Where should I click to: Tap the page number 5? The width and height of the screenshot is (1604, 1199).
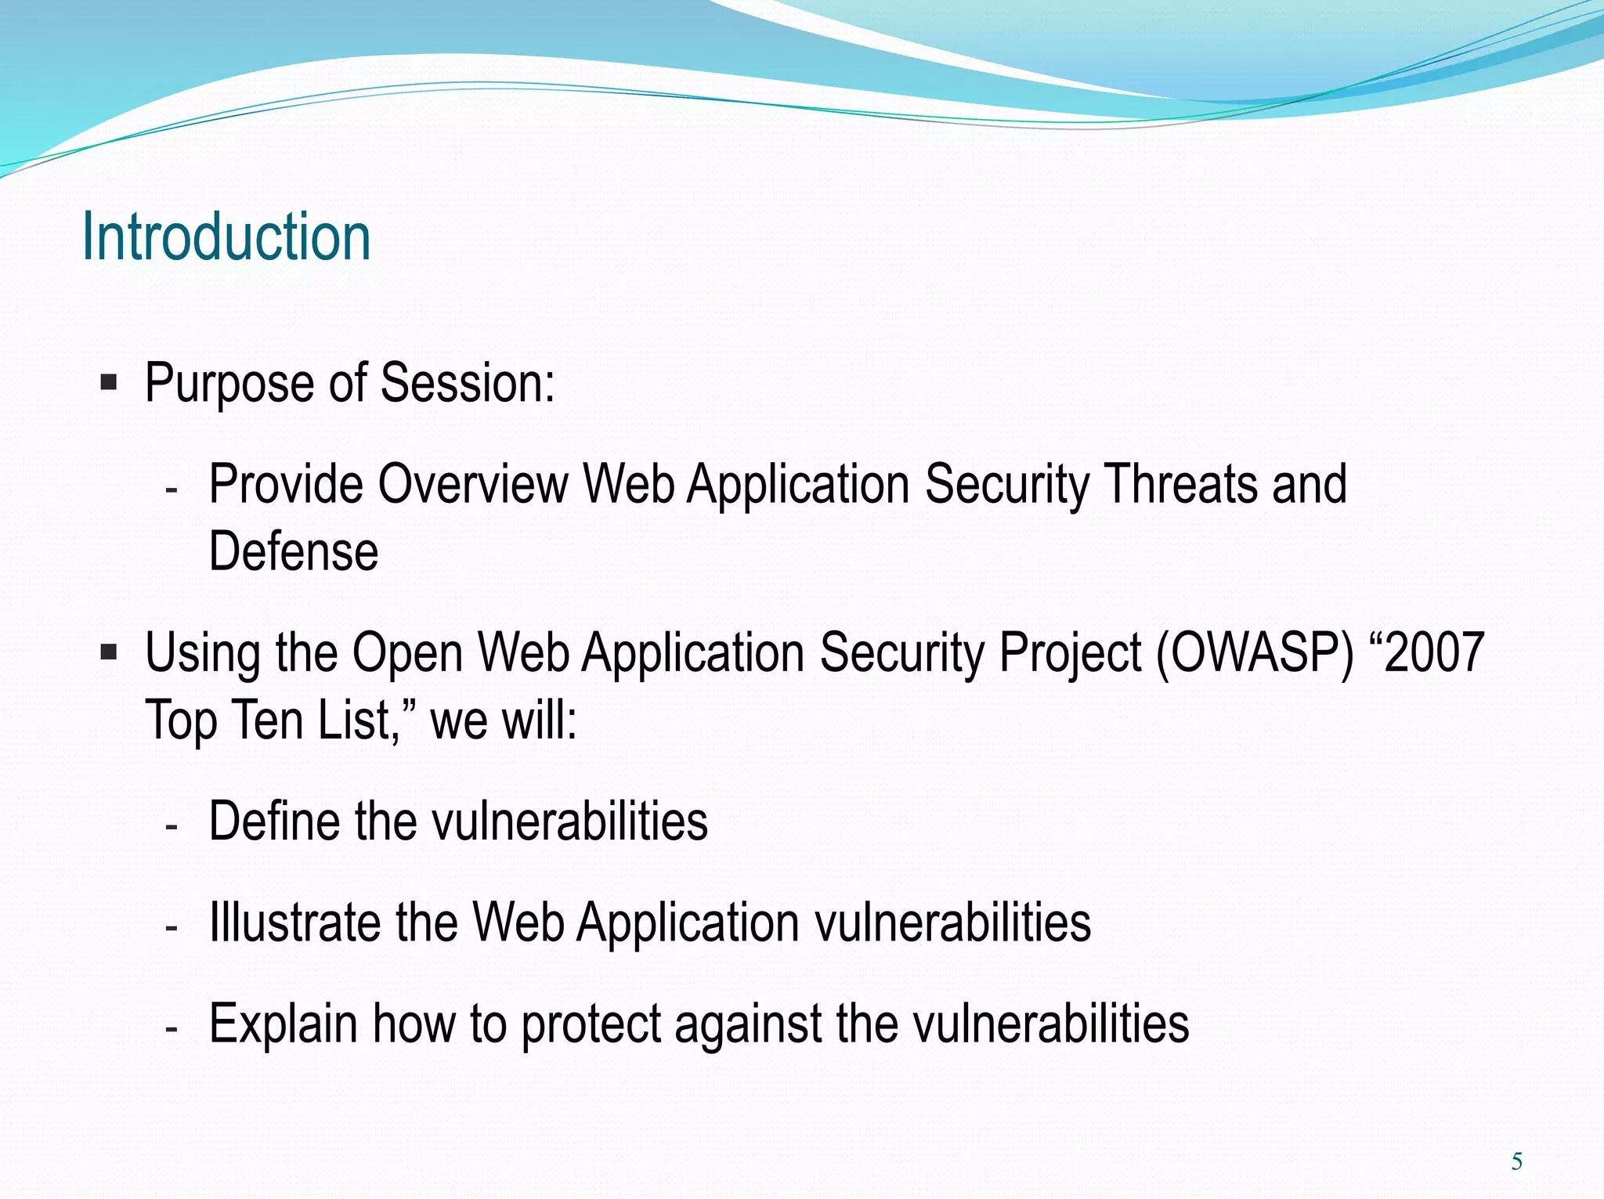pyautogui.click(x=1516, y=1161)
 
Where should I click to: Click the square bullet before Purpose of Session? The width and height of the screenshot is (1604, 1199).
pyautogui.click(x=109, y=383)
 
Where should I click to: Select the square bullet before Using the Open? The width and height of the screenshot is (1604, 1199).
pyautogui.click(x=109, y=652)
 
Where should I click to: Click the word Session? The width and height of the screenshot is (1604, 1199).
pyautogui.click(x=468, y=383)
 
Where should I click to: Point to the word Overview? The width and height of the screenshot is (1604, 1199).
pyautogui.click(x=473, y=484)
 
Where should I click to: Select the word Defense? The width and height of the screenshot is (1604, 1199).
pyautogui.click(x=294, y=551)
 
